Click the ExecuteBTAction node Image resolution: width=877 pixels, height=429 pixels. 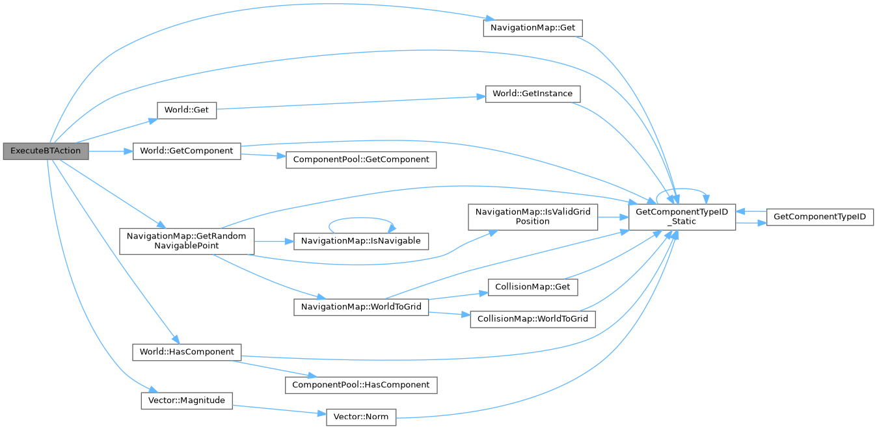(45, 151)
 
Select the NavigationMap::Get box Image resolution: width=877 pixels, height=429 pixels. (531, 29)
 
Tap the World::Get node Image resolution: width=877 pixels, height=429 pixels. (186, 110)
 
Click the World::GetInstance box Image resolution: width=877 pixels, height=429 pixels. (532, 94)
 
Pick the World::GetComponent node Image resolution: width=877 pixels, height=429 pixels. (186, 151)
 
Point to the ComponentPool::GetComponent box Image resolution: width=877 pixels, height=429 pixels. (361, 159)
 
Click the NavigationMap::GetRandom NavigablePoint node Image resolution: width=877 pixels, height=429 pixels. (186, 241)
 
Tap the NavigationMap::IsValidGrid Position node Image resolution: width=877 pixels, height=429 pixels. (532, 216)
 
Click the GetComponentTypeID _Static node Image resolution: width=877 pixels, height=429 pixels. (681, 216)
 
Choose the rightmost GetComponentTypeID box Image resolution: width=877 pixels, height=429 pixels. (819, 216)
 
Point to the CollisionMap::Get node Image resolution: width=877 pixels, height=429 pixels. (532, 287)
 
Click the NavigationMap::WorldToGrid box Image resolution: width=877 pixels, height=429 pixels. (361, 307)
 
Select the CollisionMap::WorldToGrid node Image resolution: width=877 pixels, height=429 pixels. (532, 319)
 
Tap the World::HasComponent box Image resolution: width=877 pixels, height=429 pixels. (186, 352)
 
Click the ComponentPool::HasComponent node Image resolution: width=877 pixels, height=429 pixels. (361, 385)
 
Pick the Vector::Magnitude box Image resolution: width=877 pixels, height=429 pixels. (186, 400)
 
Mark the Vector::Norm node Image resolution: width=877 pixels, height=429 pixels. (361, 417)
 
